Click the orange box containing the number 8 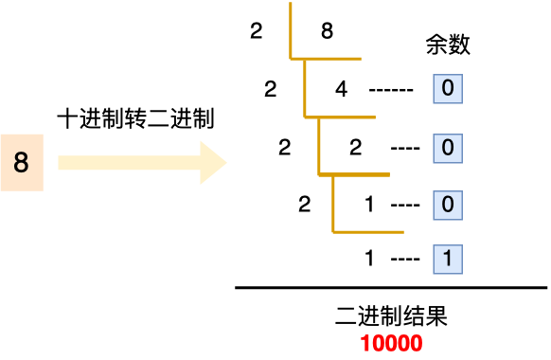point(22,163)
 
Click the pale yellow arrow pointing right point(142,163)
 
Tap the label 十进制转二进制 point(136,119)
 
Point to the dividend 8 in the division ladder point(327,32)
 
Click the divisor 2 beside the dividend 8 point(257,32)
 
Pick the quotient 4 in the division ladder point(342,90)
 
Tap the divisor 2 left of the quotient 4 point(271,90)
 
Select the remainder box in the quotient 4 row point(448,90)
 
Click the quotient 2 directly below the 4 point(356,148)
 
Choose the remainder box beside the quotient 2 point(448,148)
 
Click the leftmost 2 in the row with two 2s point(285,148)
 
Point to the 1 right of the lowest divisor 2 point(370,204)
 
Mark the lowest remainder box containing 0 point(448,204)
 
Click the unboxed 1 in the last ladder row point(370,258)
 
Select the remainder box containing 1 point(448,258)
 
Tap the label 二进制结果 point(391,316)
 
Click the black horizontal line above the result point(391,287)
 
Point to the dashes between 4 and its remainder point(391,91)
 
